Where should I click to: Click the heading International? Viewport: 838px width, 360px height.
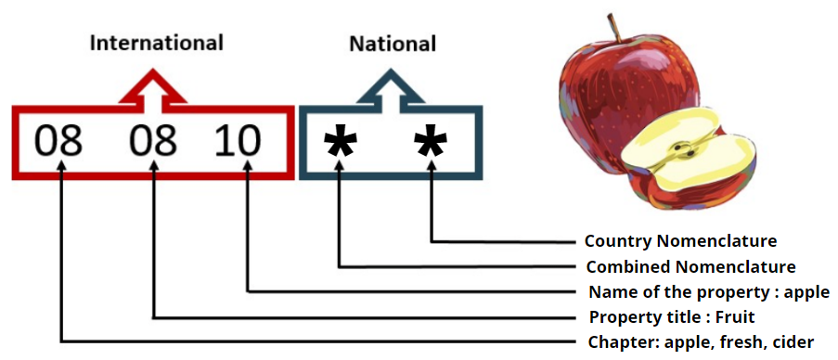[156, 43]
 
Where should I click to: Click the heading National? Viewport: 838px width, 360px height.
[392, 43]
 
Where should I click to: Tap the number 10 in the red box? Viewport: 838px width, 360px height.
[238, 142]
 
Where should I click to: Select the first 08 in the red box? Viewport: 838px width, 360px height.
[58, 142]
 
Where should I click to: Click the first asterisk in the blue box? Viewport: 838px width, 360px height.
[342, 144]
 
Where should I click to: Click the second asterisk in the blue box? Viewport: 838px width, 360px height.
[432, 144]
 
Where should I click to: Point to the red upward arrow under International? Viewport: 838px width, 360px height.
[153, 87]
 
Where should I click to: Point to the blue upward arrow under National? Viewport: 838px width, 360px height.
[391, 87]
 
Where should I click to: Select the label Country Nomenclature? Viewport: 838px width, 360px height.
[680, 241]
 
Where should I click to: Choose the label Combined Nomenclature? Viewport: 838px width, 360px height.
[691, 267]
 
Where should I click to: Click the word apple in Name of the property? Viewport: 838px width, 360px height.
[806, 293]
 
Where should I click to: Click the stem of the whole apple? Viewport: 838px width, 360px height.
[612, 28]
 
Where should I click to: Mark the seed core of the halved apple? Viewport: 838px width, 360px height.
[683, 149]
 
